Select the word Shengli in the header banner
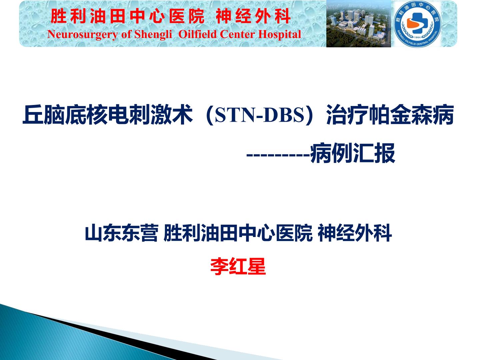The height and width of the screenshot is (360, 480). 153,34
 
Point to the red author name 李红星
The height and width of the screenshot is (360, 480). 238,267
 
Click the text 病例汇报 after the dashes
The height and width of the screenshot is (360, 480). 353,153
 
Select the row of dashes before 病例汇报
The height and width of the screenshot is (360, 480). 278,154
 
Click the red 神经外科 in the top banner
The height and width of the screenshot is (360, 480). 253,17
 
